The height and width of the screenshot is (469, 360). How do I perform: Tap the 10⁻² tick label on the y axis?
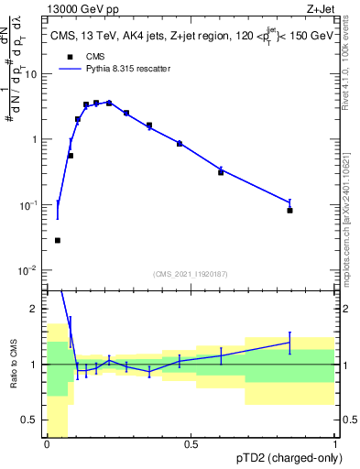click(x=30, y=270)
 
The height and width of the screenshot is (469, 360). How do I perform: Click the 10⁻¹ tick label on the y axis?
click(x=30, y=205)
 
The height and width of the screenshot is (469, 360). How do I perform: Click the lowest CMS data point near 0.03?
click(x=58, y=240)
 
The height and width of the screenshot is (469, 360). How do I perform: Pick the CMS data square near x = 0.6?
click(x=221, y=172)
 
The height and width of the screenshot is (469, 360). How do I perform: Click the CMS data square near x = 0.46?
click(x=180, y=144)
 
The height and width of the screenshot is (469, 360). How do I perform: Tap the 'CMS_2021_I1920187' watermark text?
click(x=191, y=273)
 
